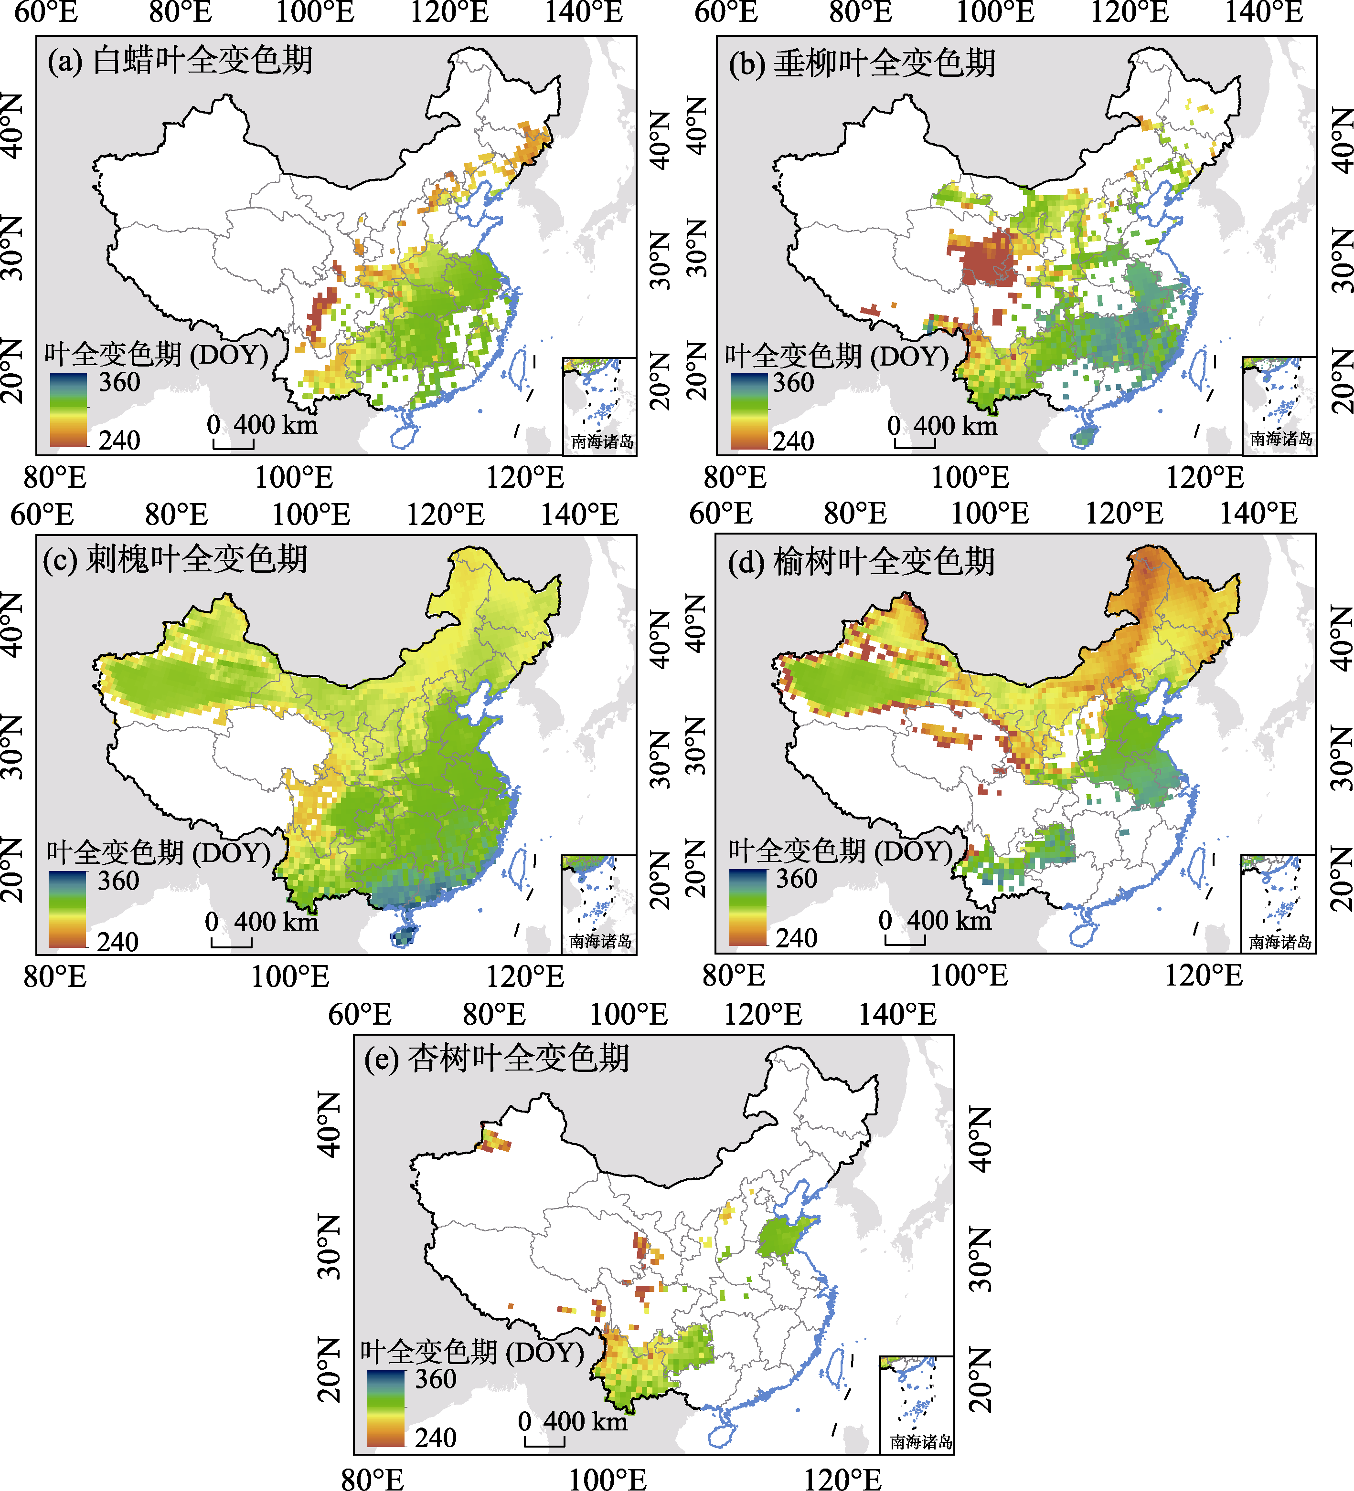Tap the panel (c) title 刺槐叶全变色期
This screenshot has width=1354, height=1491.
click(175, 559)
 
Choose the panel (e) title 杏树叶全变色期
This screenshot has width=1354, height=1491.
click(497, 1058)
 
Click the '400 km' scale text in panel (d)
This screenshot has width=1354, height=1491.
click(949, 921)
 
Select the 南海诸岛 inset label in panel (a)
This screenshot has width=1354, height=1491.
click(602, 441)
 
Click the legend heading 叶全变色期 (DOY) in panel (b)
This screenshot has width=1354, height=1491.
click(837, 357)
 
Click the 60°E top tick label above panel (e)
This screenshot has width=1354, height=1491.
click(360, 1013)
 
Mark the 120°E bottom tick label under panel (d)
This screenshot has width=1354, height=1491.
click(1205, 976)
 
